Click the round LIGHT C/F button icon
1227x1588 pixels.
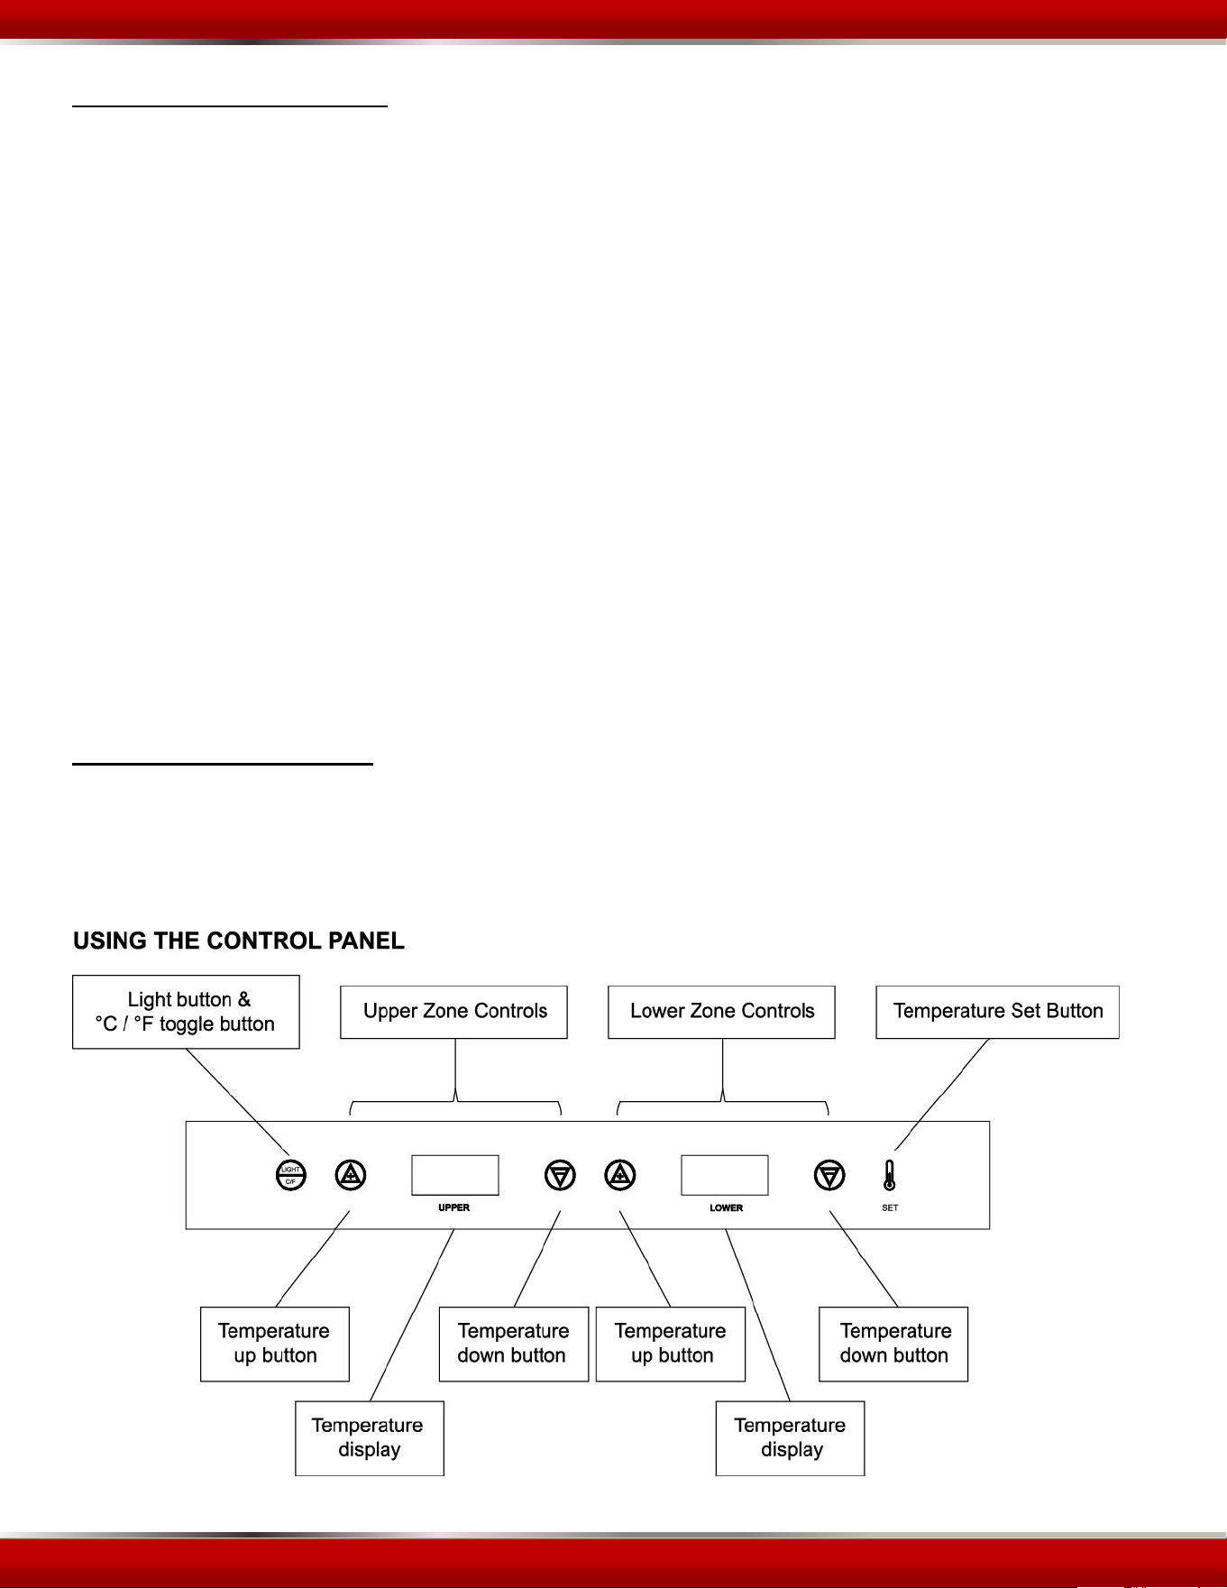click(290, 1175)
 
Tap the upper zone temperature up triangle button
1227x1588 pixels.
click(351, 1175)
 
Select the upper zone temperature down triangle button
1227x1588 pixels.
click(560, 1175)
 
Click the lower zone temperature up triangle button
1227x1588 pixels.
click(620, 1175)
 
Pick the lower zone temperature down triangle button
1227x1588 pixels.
click(829, 1175)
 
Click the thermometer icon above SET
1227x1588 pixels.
click(890, 1175)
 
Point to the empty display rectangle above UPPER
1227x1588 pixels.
click(455, 1175)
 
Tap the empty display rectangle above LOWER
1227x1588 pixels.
click(725, 1175)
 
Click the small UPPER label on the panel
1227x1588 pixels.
click(453, 1207)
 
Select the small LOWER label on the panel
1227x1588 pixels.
click(726, 1207)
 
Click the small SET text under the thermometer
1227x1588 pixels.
click(890, 1207)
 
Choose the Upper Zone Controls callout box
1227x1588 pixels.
click(454, 1012)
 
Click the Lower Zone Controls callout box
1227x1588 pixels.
click(722, 1012)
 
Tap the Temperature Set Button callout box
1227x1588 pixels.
click(998, 1012)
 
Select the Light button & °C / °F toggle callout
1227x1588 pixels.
click(186, 1012)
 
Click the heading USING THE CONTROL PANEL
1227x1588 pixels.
click(239, 941)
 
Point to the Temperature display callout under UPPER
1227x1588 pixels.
click(370, 1438)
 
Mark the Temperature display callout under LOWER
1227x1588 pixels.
click(791, 1438)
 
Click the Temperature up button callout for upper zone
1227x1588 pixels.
click(275, 1344)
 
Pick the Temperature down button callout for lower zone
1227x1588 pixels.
click(893, 1344)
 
